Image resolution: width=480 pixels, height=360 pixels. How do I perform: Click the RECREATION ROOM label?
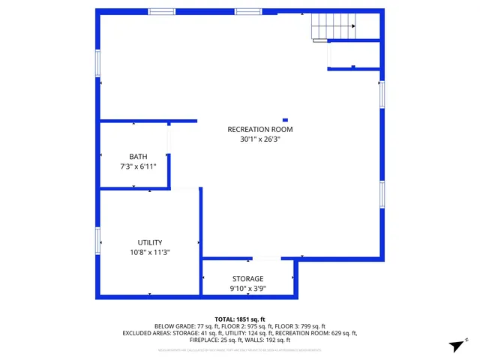(260, 130)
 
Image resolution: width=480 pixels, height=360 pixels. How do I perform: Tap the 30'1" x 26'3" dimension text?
(260, 139)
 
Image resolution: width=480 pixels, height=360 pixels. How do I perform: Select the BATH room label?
(138, 157)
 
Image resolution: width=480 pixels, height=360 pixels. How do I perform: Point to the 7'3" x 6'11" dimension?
(138, 166)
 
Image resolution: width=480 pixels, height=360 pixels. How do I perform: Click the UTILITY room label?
(150, 243)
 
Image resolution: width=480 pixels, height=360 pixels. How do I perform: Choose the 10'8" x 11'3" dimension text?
(150, 253)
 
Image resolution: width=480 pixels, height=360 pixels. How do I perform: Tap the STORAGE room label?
(247, 279)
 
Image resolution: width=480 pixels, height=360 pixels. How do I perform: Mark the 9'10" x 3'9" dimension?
(247, 289)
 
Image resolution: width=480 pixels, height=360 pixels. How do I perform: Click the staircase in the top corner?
(333, 29)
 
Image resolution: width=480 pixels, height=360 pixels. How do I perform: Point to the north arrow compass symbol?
(454, 345)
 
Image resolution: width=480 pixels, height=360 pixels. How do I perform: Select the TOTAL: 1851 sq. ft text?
(240, 319)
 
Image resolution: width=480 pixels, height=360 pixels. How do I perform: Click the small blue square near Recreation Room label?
(285, 118)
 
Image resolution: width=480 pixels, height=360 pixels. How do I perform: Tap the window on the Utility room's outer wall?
(97, 241)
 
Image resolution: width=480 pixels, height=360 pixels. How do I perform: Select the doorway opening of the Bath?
(169, 138)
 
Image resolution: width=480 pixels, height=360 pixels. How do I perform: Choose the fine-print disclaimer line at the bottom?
(240, 349)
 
